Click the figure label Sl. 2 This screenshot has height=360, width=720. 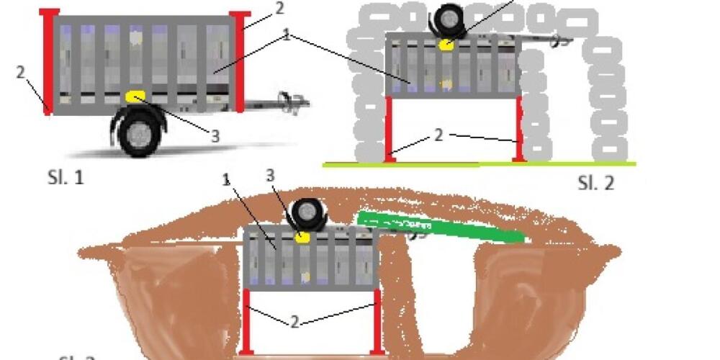tap(596, 183)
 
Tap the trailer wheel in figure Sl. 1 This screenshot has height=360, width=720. tap(139, 135)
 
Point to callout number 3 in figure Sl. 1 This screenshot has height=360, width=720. tap(215, 136)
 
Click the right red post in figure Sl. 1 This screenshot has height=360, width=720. tap(239, 61)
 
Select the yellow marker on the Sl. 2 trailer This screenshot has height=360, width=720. tap(447, 45)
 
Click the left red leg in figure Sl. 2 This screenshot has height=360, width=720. tap(389, 128)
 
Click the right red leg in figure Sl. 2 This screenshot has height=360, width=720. tap(518, 128)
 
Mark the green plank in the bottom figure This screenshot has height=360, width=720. tap(439, 227)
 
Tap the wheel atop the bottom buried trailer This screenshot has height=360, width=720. tap(308, 215)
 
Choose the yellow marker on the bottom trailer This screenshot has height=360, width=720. tap(304, 237)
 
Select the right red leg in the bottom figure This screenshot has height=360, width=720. tap(376, 320)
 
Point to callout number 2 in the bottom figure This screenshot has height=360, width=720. tap(294, 322)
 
